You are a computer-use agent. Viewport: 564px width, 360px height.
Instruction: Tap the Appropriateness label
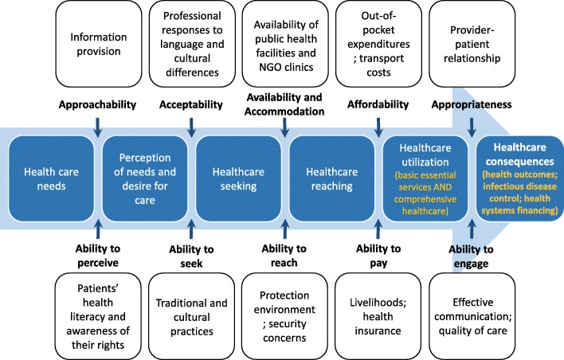pos(470,104)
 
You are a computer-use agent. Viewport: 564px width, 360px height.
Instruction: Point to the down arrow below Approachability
pos(97,126)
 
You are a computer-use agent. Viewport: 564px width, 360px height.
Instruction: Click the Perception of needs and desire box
pos(146,176)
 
